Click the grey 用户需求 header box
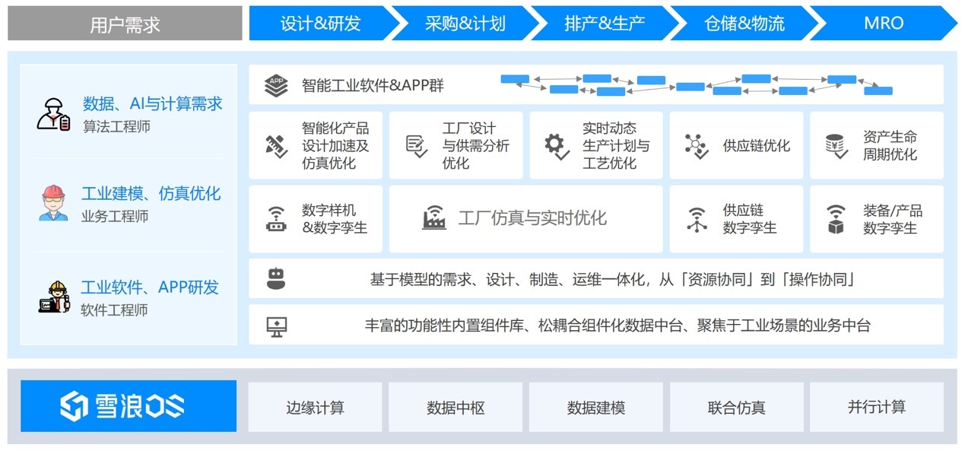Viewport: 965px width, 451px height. point(125,24)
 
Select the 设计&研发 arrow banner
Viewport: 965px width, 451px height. point(321,24)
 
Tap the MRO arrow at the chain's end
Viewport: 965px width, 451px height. point(883,24)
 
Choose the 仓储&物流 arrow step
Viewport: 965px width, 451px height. point(744,24)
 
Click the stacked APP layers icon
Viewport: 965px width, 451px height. point(276,85)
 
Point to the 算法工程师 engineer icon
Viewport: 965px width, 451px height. point(53,115)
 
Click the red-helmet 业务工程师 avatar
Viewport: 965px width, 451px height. point(53,203)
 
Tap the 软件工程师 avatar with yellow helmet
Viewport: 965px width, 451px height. point(54,297)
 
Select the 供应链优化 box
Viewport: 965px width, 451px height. point(736,145)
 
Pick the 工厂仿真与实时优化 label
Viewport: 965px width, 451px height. point(532,218)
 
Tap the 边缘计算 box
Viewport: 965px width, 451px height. point(315,407)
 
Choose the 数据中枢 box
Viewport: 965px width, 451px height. point(456,407)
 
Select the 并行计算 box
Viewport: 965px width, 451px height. point(877,407)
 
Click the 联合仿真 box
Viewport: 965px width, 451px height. point(736,407)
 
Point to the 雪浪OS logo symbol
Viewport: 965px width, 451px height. point(74,406)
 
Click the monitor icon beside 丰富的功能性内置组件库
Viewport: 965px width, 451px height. point(277,327)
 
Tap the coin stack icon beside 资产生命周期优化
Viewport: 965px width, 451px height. point(836,146)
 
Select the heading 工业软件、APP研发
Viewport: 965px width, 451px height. point(150,287)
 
